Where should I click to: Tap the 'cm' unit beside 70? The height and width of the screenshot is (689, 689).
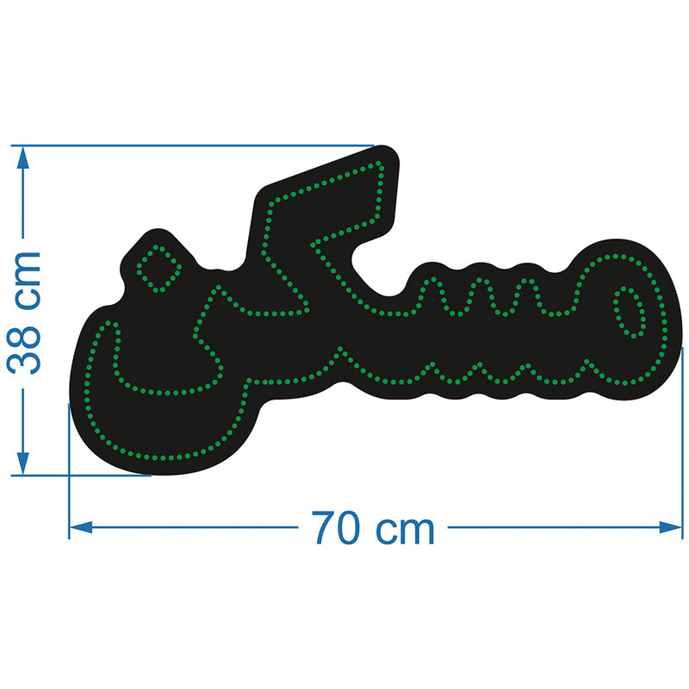[x=405, y=531]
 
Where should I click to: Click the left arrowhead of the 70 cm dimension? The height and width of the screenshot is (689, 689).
[x=81, y=527]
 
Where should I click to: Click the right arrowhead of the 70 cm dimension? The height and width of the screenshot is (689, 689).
[x=671, y=527]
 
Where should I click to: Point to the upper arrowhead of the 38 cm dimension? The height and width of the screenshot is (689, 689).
[x=23, y=158]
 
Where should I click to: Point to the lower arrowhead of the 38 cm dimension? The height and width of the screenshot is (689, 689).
[x=23, y=463]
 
